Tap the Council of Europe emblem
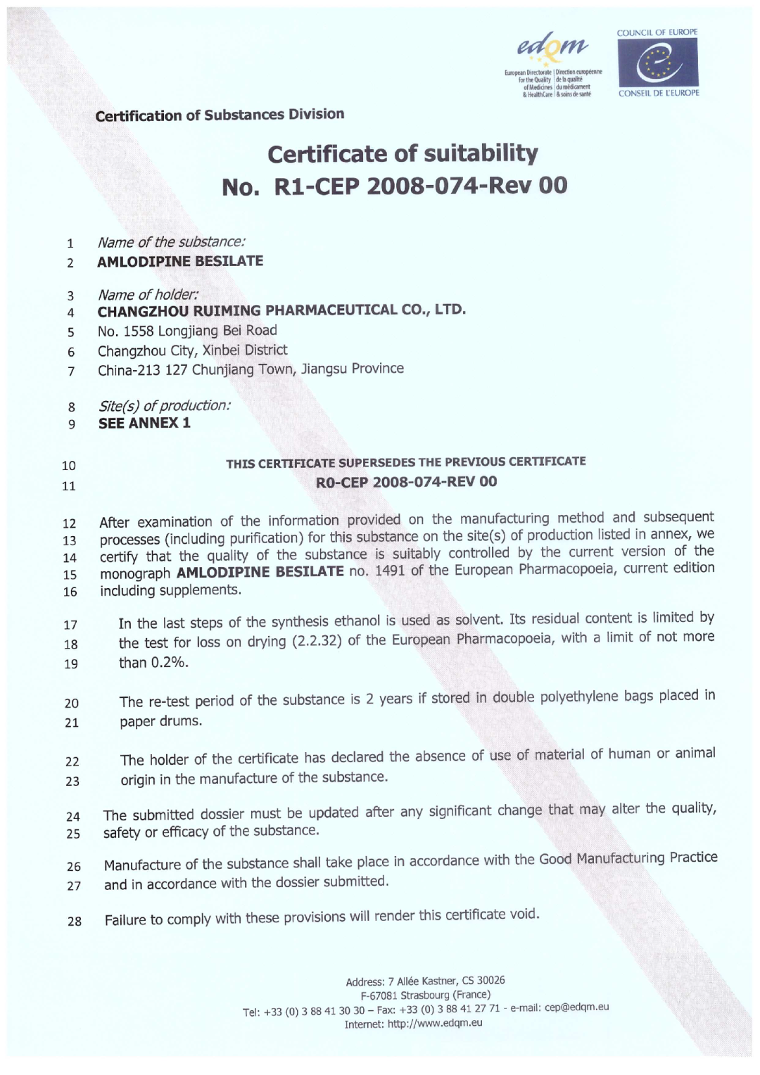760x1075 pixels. (657, 62)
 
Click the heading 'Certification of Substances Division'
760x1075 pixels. (220, 115)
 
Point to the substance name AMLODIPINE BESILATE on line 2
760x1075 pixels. (180, 261)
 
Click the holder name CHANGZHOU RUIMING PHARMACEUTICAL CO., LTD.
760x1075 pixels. (281, 310)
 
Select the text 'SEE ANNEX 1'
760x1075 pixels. (144, 423)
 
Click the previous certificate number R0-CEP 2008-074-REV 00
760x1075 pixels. (406, 482)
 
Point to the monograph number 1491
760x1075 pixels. (389, 571)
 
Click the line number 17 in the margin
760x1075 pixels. (70, 625)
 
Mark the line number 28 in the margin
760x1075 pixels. (74, 921)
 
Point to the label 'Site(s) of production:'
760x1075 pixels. (164, 406)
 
